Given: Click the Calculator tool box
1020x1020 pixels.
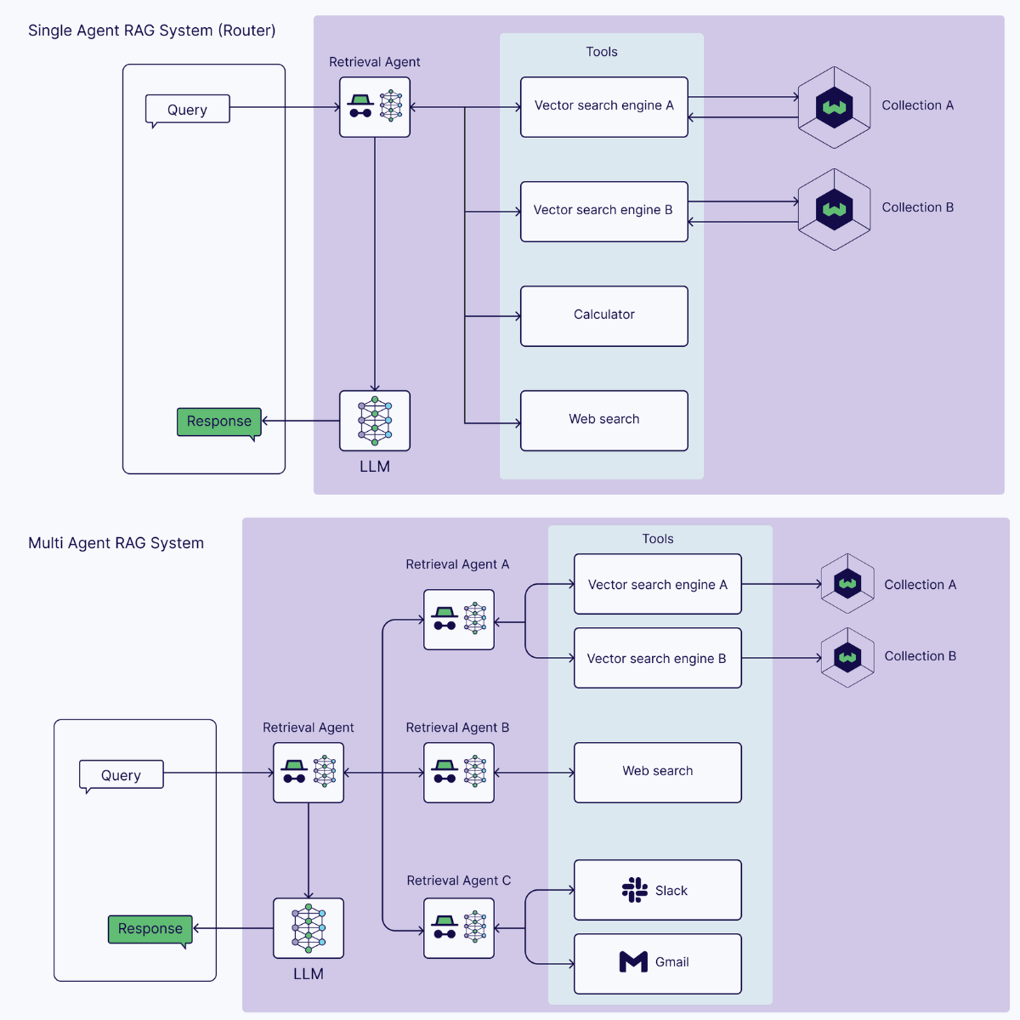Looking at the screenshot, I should (603, 315).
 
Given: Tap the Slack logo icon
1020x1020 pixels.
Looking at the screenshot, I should (634, 890).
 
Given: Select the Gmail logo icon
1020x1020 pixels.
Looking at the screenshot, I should (633, 961).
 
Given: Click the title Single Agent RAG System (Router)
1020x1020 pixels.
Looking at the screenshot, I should (151, 31).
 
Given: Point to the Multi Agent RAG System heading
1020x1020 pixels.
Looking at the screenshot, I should (116, 543).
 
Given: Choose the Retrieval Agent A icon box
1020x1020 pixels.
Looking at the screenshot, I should (459, 620).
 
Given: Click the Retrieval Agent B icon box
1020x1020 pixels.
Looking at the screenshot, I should (459, 773).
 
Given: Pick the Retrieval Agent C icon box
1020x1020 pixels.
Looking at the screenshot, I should (459, 928).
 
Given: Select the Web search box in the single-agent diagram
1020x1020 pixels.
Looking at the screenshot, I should (603, 420).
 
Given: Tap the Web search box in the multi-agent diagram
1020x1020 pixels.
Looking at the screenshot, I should (657, 772).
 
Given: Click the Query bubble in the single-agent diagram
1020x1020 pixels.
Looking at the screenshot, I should (187, 110).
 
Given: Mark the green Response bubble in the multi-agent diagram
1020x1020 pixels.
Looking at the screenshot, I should (150, 929).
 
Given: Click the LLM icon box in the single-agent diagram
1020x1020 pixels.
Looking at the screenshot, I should (375, 421).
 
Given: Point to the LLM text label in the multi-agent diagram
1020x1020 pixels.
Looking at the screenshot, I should (308, 974).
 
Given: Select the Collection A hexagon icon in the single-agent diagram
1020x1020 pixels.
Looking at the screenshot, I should (834, 108).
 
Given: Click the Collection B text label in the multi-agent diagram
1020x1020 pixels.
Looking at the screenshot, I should (920, 656).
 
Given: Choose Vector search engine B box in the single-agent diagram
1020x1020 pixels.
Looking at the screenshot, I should (603, 211).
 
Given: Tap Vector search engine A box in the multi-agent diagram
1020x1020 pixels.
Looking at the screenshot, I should (657, 584).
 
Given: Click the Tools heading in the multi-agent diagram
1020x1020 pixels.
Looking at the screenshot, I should (657, 539).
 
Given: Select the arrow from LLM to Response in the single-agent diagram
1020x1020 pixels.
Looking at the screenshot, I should (301, 421).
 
